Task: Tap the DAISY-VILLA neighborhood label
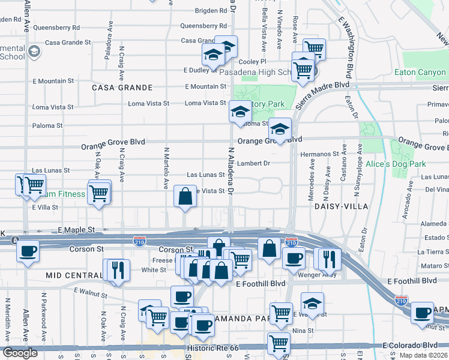337,206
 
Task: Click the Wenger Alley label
315,274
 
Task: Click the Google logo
20,353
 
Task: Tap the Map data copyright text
424,355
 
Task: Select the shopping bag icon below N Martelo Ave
185,196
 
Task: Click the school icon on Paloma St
240,112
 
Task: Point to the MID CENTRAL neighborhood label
74,275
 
